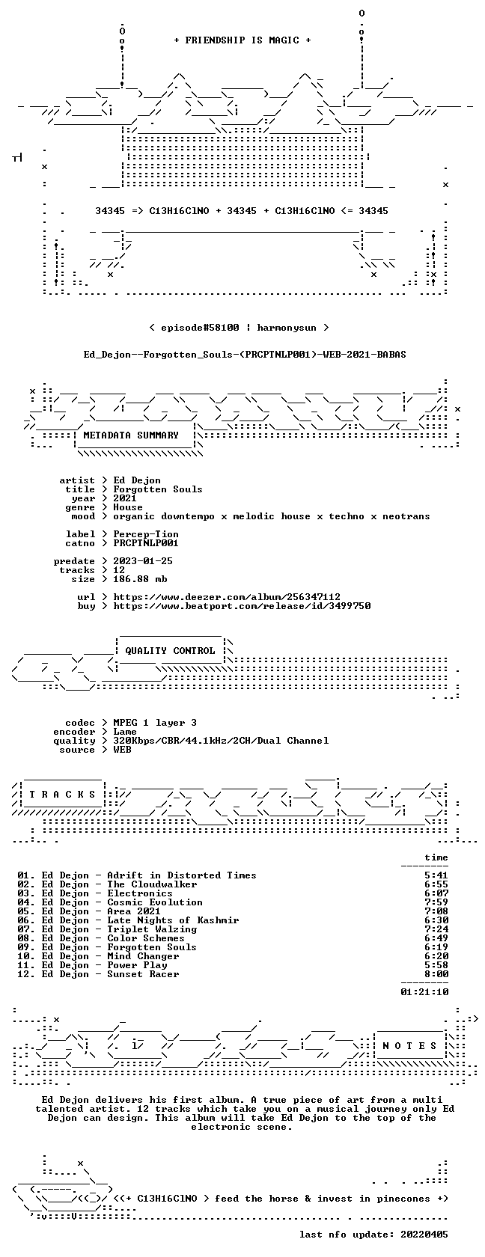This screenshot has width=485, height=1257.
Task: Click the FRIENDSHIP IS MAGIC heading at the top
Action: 242,40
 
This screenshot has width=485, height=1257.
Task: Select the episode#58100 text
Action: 200,328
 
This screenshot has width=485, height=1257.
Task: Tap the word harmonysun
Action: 286,328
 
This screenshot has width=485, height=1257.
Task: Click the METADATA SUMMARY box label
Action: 131,435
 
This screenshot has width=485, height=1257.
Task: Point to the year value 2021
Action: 124,498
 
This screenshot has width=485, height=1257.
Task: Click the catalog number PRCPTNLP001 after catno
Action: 146,543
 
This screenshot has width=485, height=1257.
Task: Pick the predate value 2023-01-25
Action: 143,561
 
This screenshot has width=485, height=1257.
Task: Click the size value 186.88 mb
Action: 140,579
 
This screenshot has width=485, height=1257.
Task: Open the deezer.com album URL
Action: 227,597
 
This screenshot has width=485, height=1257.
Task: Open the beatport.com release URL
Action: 242,606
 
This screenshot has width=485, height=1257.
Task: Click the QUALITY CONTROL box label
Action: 170,651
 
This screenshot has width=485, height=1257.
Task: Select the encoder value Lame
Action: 124,732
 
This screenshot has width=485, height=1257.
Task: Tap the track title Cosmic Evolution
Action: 155,902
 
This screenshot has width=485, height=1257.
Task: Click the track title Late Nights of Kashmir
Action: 173,920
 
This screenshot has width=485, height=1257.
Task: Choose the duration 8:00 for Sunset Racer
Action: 437,974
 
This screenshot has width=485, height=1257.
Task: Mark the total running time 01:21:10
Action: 424,992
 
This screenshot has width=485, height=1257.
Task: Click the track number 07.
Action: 25,929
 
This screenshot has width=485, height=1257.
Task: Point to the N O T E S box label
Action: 410,1046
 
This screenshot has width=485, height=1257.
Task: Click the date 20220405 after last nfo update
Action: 424,1235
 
